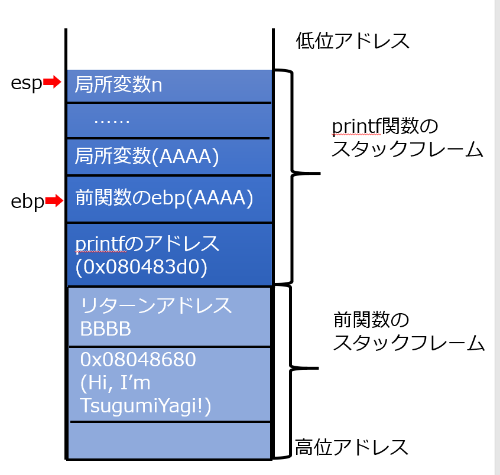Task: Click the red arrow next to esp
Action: (52, 82)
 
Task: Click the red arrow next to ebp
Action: (54, 201)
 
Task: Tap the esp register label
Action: (27, 83)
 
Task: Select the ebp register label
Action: (27, 202)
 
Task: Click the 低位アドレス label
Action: (352, 41)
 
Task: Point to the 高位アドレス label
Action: (352, 447)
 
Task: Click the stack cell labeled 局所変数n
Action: (169, 86)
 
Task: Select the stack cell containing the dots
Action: (169, 121)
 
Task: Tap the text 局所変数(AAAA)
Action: (147, 156)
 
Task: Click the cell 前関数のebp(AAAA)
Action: (169, 199)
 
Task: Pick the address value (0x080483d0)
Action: (141, 267)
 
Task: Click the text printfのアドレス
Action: (147, 244)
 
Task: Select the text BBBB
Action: (106, 328)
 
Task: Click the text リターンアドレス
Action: (156, 305)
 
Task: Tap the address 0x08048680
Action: (138, 359)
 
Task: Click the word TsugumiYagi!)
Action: (146, 406)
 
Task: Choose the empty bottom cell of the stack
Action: (169, 441)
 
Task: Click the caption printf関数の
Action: (385, 126)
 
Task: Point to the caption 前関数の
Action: (371, 320)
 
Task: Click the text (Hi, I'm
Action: (115, 383)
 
